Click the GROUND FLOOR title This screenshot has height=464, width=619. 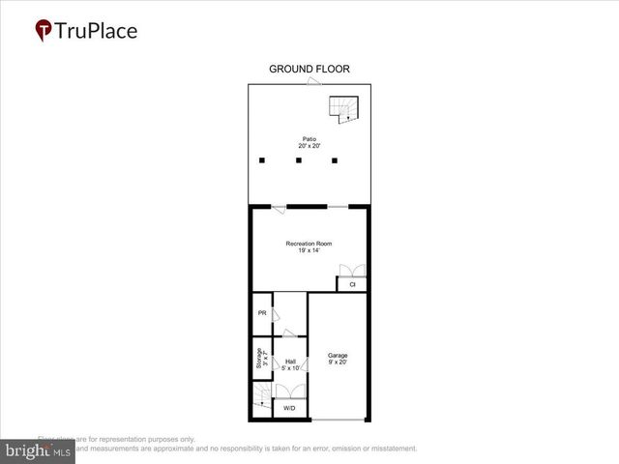click(x=309, y=69)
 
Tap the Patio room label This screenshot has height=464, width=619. click(x=309, y=139)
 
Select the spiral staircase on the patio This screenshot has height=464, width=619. click(x=344, y=109)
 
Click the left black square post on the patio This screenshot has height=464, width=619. click(x=261, y=160)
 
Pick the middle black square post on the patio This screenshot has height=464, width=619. click(x=299, y=160)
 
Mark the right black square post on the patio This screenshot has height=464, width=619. click(x=335, y=160)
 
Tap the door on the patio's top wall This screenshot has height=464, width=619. click(x=313, y=83)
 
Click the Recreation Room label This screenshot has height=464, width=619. click(x=309, y=243)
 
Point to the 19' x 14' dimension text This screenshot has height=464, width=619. click(x=309, y=251)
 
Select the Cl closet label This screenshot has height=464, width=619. click(x=352, y=285)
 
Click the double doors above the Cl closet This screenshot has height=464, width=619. click(x=353, y=272)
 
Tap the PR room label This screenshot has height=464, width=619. click(x=261, y=313)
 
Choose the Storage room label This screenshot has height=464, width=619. click(x=259, y=359)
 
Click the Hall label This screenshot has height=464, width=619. click(x=289, y=361)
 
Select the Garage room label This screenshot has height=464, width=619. click(x=337, y=355)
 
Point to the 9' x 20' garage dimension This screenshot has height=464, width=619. click(x=337, y=363)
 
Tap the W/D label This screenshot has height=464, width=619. click(x=289, y=410)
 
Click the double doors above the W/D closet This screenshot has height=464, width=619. click(x=289, y=391)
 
